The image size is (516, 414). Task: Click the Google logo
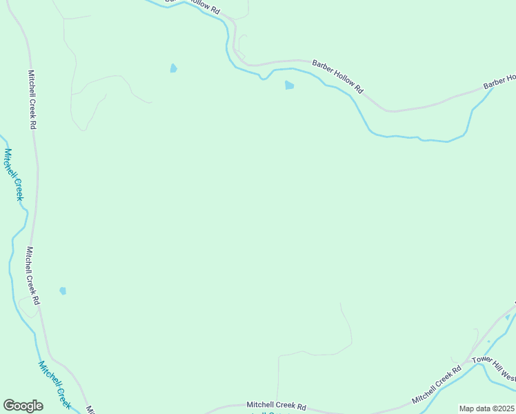click(x=23, y=406)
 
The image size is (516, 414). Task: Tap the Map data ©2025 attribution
click(x=487, y=408)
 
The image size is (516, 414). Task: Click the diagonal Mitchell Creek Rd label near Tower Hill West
click(x=436, y=385)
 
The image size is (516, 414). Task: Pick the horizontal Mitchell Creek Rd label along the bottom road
click(x=276, y=406)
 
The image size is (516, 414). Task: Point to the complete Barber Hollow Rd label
click(x=337, y=76)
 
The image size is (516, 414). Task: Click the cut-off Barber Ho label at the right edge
click(x=499, y=81)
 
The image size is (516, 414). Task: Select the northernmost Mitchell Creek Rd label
click(x=32, y=99)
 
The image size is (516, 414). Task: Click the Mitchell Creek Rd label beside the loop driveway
click(x=32, y=276)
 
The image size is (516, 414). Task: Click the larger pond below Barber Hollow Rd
click(x=289, y=86)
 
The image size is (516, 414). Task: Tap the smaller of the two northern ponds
click(x=173, y=68)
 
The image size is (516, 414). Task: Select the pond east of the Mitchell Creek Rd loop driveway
click(x=63, y=291)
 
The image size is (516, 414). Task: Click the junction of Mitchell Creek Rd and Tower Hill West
click(x=466, y=362)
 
